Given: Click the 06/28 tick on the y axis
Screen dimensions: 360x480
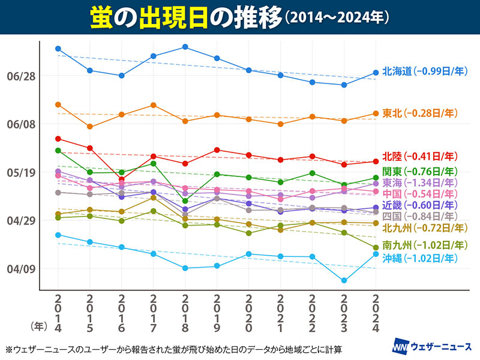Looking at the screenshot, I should [x=21, y=77].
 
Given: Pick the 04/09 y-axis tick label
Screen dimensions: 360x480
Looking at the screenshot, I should [x=21, y=269].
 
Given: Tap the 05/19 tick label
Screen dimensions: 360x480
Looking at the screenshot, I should [x=21, y=173].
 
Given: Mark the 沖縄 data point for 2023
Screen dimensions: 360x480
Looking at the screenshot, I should [x=344, y=281].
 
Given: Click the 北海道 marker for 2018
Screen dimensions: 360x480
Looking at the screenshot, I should [x=185, y=47].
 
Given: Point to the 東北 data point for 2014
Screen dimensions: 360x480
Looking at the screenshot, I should [x=58, y=105].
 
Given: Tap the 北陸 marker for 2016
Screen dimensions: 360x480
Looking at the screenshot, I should [x=122, y=179].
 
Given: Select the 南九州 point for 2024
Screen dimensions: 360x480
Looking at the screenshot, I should [x=376, y=247].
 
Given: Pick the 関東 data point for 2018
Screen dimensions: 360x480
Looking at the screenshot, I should [x=185, y=201].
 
